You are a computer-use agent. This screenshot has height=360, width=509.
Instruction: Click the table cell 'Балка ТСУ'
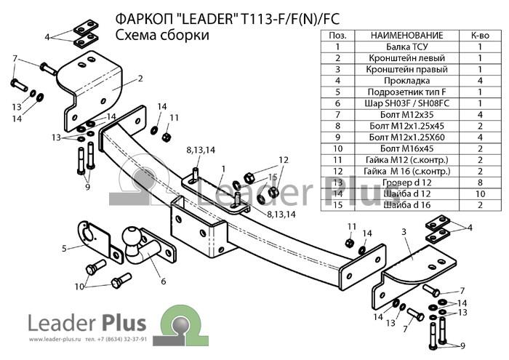[406, 47]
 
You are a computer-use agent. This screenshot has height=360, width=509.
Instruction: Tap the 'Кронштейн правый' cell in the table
[406, 69]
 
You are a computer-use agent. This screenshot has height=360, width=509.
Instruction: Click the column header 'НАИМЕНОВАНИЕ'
[406, 35]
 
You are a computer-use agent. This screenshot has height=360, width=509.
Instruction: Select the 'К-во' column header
[480, 35]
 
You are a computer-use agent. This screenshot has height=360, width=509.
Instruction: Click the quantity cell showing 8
[480, 182]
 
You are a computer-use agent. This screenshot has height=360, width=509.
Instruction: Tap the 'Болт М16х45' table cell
[406, 148]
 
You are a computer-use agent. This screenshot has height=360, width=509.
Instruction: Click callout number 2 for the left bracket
[139, 79]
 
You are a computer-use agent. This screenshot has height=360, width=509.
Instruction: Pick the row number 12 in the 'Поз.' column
[337, 170]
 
